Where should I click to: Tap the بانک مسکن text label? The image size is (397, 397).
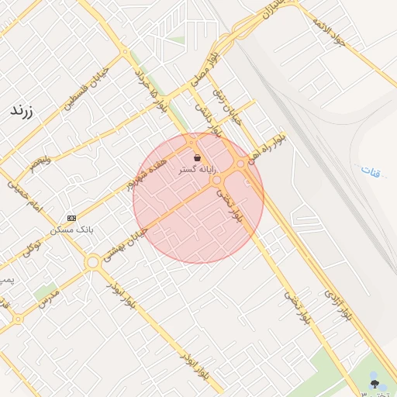click(71, 230)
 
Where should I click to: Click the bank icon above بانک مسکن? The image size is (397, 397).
click(72, 218)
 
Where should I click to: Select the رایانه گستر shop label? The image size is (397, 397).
click(198, 169)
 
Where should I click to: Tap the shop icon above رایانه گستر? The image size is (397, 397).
click(198, 157)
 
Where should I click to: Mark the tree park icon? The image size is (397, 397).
click(375, 383)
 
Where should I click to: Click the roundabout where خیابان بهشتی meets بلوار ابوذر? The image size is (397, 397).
click(93, 262)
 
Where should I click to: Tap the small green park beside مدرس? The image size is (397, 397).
click(45, 292)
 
